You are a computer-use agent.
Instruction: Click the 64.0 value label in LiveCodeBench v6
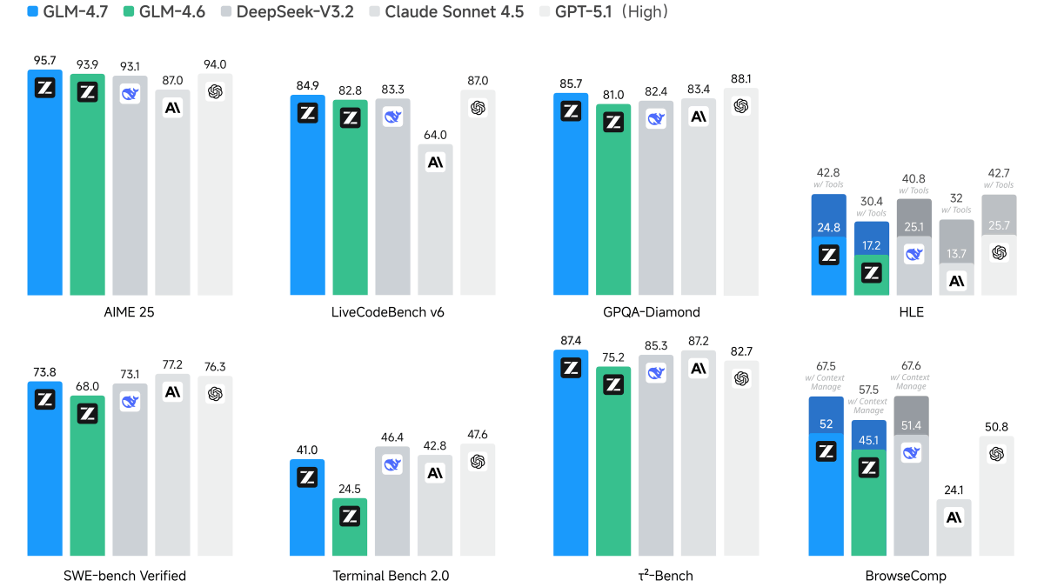(435, 135)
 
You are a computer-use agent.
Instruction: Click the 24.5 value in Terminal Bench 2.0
(351, 489)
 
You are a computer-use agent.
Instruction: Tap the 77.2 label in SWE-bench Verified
(172, 364)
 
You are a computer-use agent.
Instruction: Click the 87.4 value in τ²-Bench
(571, 340)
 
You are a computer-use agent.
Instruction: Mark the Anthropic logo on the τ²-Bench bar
(699, 369)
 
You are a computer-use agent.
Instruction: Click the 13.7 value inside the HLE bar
(956, 253)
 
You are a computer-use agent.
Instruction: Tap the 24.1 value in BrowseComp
(955, 490)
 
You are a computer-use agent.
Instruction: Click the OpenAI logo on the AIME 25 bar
(215, 91)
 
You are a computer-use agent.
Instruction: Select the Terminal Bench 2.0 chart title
(391, 576)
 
